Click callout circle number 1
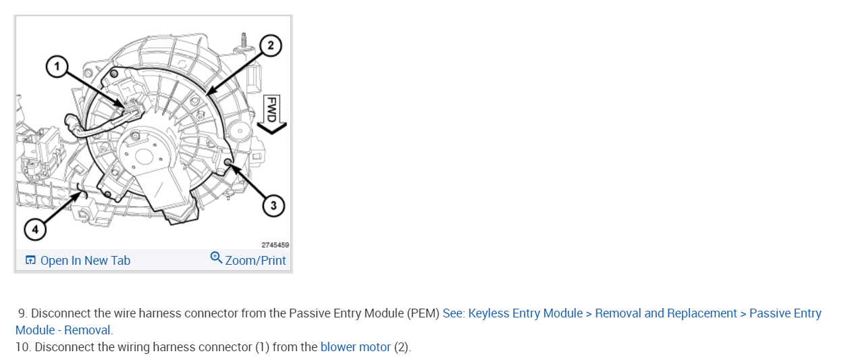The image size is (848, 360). (x=57, y=66)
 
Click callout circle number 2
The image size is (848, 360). (x=270, y=46)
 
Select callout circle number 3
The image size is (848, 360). (x=273, y=206)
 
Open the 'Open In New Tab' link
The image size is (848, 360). (x=85, y=261)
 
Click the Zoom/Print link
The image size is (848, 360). (x=255, y=261)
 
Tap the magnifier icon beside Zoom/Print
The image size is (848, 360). (x=216, y=257)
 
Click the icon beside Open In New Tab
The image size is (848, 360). (x=30, y=261)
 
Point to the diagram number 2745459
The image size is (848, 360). (x=275, y=245)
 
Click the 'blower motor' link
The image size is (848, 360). (x=355, y=347)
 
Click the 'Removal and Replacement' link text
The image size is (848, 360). (x=666, y=313)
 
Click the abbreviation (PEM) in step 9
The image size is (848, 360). (x=423, y=313)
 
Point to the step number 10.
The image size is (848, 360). (x=23, y=347)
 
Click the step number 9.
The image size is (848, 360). (x=22, y=313)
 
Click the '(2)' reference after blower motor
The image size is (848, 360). (x=402, y=347)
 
